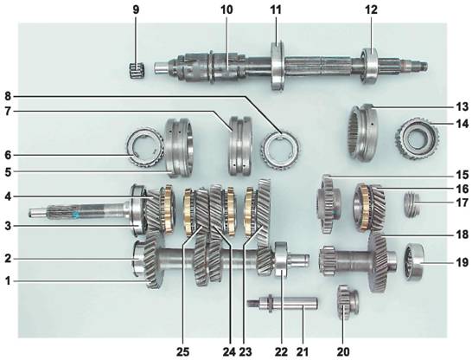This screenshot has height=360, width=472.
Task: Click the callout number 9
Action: point(136,10)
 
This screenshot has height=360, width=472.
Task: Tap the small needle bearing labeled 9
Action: point(137,70)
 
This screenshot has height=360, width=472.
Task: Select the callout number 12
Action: point(371,10)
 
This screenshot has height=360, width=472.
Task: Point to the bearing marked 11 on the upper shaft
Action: point(277,65)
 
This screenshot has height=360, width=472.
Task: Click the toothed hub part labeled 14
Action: point(417,138)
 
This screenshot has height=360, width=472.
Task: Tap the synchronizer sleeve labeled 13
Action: point(363,132)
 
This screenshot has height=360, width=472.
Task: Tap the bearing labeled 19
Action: point(414,261)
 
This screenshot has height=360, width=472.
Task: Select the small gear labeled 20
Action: point(348,302)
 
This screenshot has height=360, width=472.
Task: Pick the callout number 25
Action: point(183,351)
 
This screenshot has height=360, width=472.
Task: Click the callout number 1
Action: point(8,281)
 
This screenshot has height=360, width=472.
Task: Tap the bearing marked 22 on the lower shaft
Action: point(281,259)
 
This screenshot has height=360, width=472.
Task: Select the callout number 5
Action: point(8,171)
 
